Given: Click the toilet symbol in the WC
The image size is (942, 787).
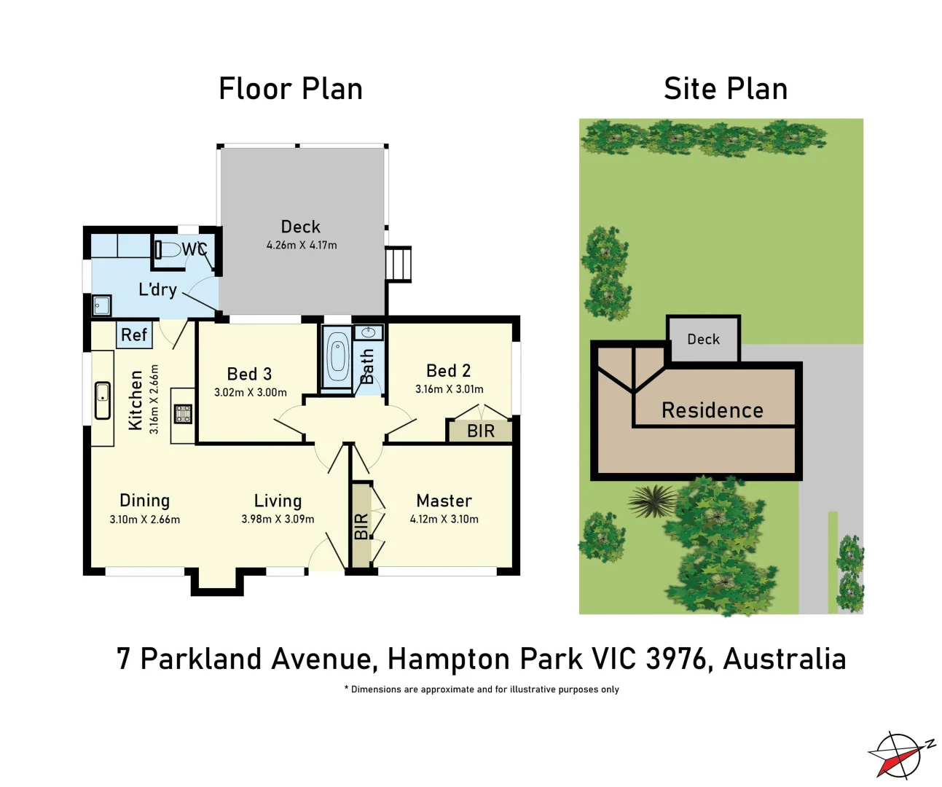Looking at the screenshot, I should click(168, 250).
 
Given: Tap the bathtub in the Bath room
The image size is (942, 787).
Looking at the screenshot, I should click(337, 356).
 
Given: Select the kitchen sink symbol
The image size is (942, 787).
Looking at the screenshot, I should click(103, 401).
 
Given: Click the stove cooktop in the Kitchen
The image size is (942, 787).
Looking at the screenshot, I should click(183, 414).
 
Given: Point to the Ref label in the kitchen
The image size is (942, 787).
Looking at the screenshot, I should click(134, 335).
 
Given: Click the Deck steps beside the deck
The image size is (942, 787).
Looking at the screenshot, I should click(399, 263).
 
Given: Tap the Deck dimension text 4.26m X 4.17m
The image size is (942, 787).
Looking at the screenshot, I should click(302, 246).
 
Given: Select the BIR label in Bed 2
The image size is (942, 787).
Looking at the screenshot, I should click(481, 431).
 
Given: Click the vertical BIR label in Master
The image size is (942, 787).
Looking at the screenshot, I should click(361, 526).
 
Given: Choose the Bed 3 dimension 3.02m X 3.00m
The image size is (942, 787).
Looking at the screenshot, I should click(250, 393).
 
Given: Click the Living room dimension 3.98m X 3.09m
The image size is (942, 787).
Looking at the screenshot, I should click(278, 520).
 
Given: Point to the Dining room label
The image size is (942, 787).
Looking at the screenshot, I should click(144, 501).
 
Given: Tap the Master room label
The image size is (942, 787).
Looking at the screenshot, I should click(444, 501).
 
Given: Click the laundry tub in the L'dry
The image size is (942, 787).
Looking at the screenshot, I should click(101, 305).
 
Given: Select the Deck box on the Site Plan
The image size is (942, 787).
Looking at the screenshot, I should click(703, 340).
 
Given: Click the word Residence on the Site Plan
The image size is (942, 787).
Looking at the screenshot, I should click(712, 411).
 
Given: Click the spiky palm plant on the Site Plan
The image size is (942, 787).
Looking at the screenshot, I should click(652, 501).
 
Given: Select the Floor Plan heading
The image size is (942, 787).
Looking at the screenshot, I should click(291, 89).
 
